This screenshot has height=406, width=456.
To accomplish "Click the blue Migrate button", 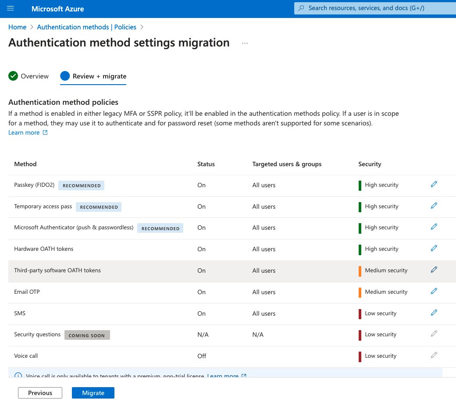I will coord(93,393).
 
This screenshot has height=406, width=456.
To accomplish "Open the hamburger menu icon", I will coord(11,8).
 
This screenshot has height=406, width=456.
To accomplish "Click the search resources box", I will coord(374,8).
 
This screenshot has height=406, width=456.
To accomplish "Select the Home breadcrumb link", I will coord(18,27).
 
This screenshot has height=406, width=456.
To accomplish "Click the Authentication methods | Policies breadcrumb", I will coord(86,27).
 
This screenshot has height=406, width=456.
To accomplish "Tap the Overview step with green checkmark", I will coord(29,76).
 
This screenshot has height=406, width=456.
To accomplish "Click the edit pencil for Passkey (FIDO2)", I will coord(434,185).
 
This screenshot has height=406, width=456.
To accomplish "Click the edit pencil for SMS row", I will coord(434,313).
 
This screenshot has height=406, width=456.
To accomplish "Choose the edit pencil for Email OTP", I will coord(434,291).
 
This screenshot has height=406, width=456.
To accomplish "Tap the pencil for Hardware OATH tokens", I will coord(434,249).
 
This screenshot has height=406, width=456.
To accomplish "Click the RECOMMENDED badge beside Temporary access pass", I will coord(99,207).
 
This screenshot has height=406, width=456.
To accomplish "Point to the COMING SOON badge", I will coord(87,335).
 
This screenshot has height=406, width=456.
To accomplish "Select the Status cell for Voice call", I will coord(202,356).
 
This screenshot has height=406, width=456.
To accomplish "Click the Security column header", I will coord(370,164).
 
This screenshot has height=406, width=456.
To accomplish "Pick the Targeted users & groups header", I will coord(287,164).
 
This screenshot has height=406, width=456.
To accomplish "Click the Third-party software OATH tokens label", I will coord(57,271).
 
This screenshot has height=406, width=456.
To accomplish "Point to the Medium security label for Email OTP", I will coord(386,292).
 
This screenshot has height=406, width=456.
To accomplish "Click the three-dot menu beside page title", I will coord(245,43).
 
